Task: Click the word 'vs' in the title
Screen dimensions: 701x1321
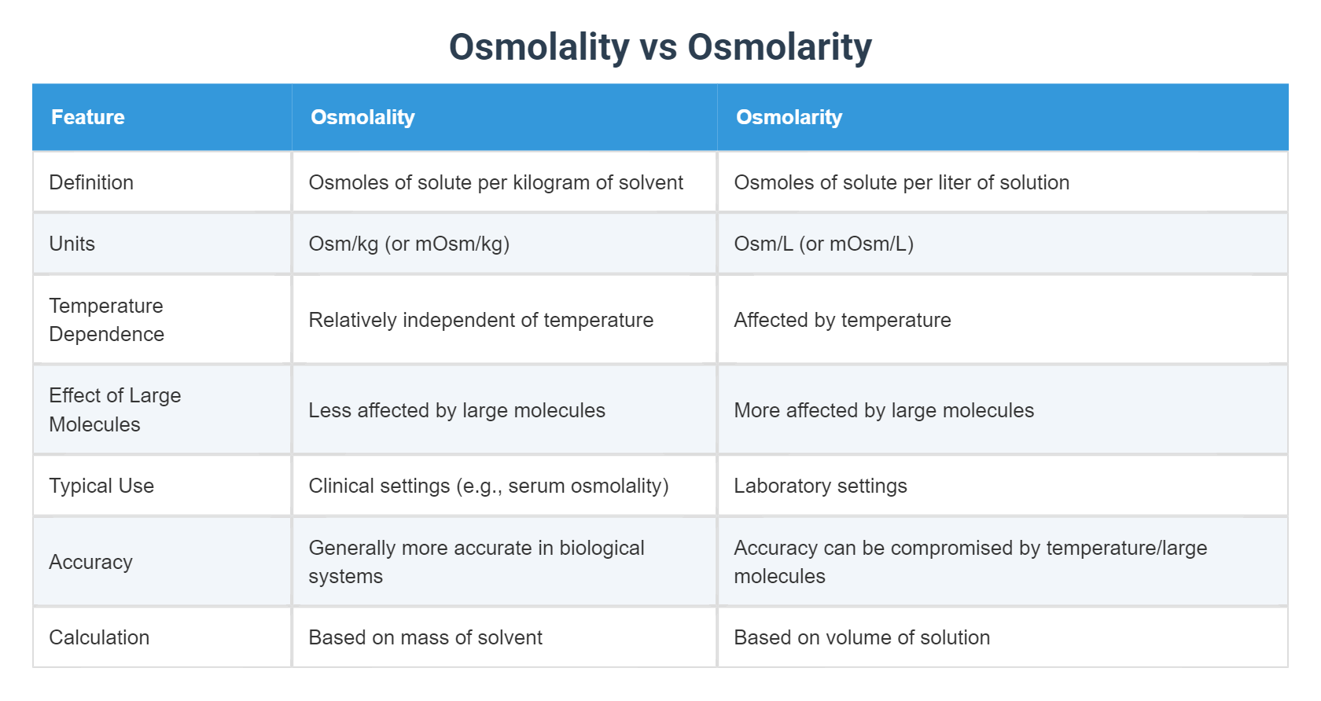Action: pyautogui.click(x=658, y=47)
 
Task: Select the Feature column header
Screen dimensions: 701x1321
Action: pyautogui.click(x=88, y=117)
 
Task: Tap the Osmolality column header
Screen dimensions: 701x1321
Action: pyautogui.click(x=362, y=117)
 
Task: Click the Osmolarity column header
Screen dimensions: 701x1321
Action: pyautogui.click(x=789, y=117)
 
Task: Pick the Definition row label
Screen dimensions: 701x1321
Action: pyautogui.click(x=91, y=182)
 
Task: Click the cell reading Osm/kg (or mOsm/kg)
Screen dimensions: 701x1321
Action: pyautogui.click(x=409, y=244)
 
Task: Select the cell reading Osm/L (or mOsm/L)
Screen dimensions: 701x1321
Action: pyautogui.click(x=823, y=244)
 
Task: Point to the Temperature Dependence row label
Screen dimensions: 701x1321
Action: pyautogui.click(x=106, y=320)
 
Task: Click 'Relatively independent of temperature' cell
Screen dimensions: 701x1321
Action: pyautogui.click(x=480, y=320)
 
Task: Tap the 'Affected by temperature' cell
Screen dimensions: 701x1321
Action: pyautogui.click(x=842, y=320)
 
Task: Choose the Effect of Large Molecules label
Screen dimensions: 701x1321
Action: pyautogui.click(x=115, y=409)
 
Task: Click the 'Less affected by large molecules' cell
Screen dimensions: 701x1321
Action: pyautogui.click(x=457, y=410)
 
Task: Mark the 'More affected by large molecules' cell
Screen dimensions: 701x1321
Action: pyautogui.click(x=884, y=410)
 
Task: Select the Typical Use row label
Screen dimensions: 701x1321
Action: pyautogui.click(x=101, y=486)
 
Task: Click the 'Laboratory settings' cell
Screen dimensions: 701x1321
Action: pyautogui.click(x=820, y=486)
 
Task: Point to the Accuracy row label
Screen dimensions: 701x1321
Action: pyautogui.click(x=90, y=562)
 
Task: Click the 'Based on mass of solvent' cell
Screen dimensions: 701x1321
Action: pyautogui.click(x=425, y=637)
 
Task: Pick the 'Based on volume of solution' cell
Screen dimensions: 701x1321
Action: pyautogui.click(x=862, y=637)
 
